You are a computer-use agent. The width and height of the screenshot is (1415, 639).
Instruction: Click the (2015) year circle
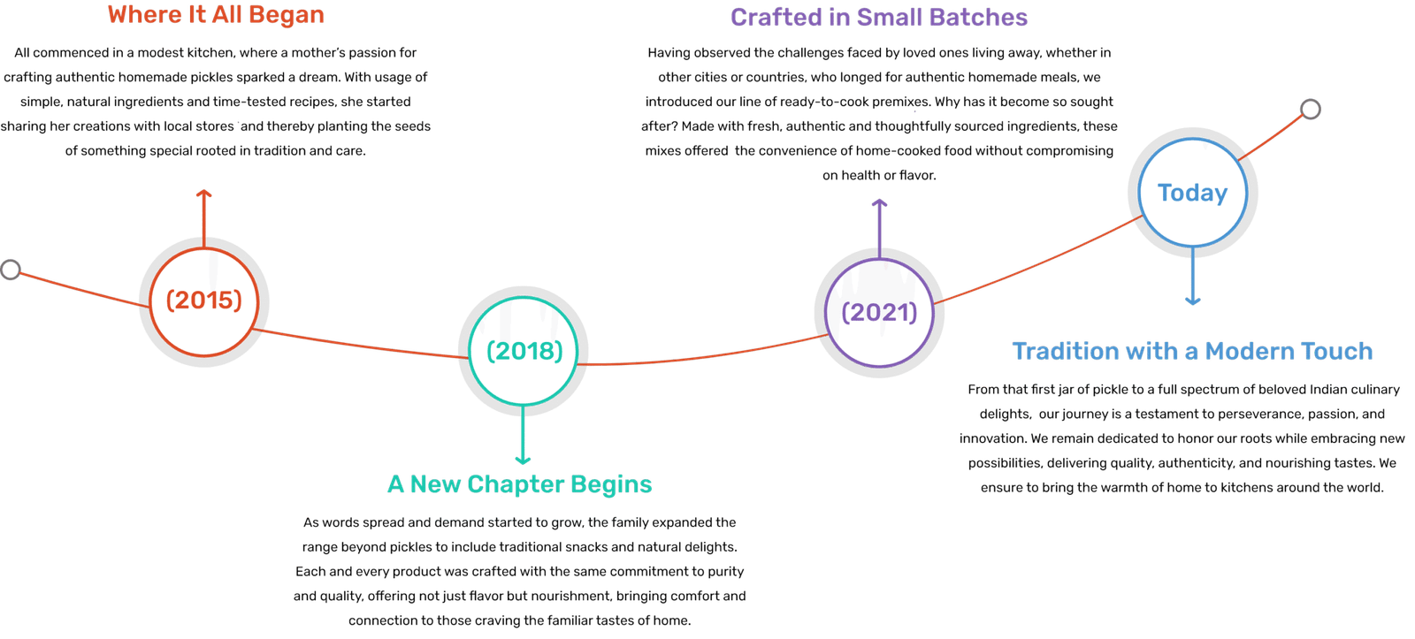[204, 300]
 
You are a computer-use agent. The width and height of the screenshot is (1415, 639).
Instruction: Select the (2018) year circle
[524, 351]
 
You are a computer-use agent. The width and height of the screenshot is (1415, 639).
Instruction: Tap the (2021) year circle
[879, 312]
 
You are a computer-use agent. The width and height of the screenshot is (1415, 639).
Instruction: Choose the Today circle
[1192, 193]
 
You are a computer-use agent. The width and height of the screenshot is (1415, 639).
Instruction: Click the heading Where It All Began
[216, 15]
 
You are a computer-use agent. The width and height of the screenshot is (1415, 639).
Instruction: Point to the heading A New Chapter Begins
[520, 484]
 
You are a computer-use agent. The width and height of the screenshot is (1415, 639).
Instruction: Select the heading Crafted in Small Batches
[879, 17]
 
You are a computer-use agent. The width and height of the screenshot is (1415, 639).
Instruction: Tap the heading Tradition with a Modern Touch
[1192, 352]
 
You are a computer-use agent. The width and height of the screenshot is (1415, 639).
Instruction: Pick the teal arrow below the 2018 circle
[524, 437]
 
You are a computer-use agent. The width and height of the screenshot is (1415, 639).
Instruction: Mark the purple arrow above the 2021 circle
[879, 226]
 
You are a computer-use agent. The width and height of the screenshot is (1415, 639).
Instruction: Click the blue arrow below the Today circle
[1192, 278]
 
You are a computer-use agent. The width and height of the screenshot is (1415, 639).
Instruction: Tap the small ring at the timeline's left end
[11, 270]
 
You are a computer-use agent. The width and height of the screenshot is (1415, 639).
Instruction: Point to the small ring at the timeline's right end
[1311, 110]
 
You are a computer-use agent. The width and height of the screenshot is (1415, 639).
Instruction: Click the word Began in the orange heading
[287, 15]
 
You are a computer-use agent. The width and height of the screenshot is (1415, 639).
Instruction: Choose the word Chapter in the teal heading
[516, 484]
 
